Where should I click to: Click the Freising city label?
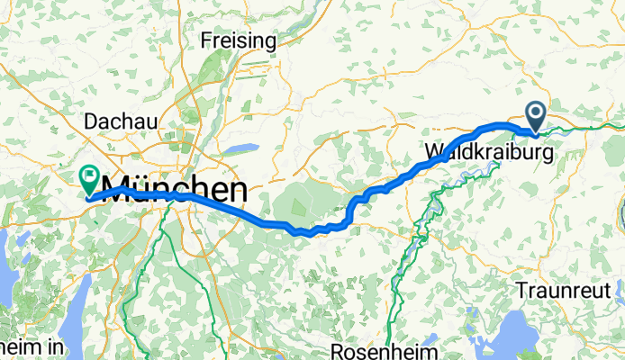point(238,40)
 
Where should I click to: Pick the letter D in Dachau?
point(88,121)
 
